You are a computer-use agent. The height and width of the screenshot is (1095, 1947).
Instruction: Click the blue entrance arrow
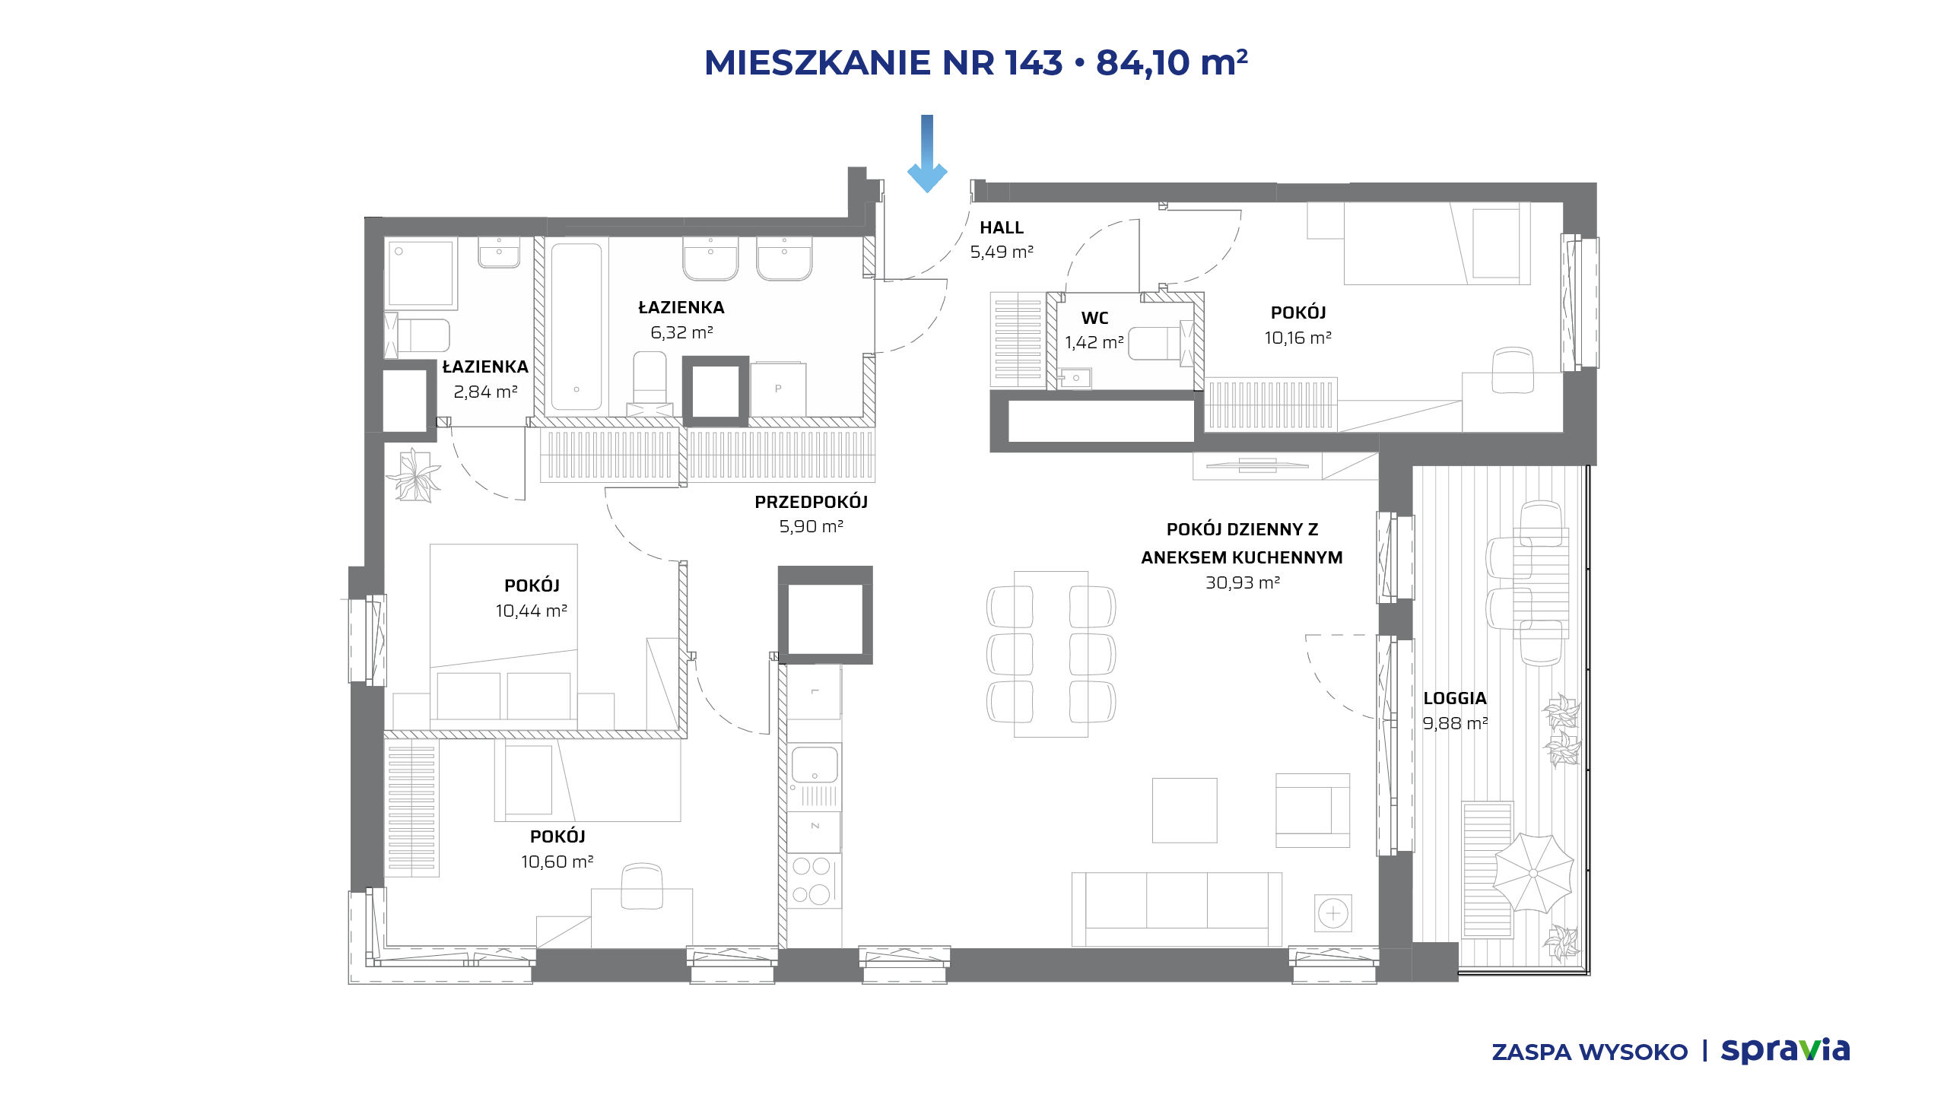tap(927, 154)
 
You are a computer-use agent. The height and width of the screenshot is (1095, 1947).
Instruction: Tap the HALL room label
tap(1002, 227)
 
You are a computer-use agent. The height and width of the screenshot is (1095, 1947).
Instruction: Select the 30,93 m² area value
tap(1243, 582)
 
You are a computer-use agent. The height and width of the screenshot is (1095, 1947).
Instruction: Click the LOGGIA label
tap(1455, 698)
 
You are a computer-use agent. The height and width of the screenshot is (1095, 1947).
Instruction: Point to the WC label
tap(1095, 318)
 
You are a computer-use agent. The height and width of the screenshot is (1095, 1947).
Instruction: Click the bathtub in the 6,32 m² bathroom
tap(576, 327)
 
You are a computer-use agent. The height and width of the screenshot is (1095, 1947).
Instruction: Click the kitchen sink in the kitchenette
tap(815, 764)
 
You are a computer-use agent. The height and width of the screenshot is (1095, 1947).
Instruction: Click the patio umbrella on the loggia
tap(1533, 873)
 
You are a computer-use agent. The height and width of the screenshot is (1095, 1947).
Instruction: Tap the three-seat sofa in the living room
tap(1177, 909)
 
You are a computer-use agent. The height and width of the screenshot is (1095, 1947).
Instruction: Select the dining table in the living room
tap(1051, 654)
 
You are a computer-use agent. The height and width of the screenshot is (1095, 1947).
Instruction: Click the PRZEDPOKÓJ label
tap(812, 502)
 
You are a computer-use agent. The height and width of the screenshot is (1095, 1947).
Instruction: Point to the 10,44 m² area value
tap(532, 611)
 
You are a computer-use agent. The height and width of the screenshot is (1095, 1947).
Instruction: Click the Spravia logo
tap(1785, 1050)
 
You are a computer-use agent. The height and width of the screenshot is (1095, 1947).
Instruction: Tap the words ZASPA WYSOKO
tap(1590, 1052)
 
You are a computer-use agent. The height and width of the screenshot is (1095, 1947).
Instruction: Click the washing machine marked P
tap(778, 389)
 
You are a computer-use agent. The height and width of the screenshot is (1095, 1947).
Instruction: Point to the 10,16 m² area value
tap(1298, 338)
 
